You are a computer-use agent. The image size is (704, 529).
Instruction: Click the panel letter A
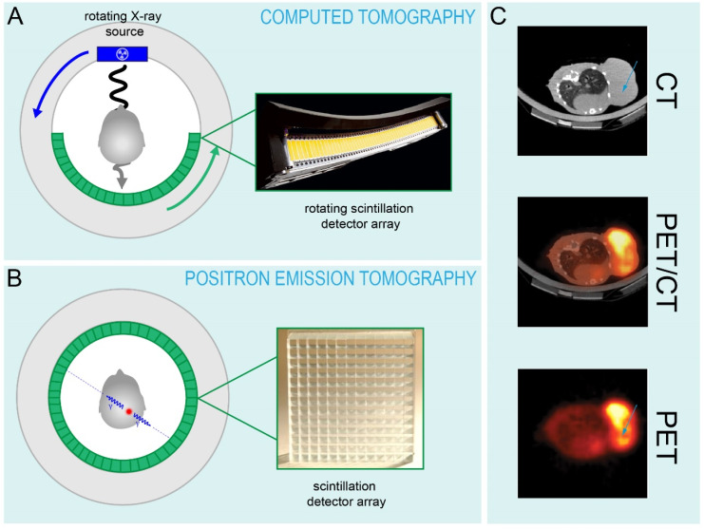click(x=15, y=16)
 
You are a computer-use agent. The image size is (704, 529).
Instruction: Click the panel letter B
click(x=14, y=278)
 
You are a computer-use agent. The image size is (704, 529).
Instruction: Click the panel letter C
click(x=499, y=16)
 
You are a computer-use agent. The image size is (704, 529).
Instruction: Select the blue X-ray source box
click(x=123, y=54)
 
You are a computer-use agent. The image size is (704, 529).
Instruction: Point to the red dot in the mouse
click(x=129, y=411)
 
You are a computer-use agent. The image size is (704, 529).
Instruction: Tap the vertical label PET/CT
click(x=666, y=262)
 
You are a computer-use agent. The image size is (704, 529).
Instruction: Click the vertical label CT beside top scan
click(x=666, y=91)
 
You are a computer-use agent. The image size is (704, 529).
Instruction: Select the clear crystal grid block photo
click(x=351, y=399)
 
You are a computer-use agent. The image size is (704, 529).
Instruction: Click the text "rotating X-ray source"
click(x=123, y=25)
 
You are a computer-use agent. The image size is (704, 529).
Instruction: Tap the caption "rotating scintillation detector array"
click(x=359, y=217)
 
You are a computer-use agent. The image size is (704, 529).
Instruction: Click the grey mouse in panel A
click(x=122, y=137)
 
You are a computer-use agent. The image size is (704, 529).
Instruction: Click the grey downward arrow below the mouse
click(x=121, y=178)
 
